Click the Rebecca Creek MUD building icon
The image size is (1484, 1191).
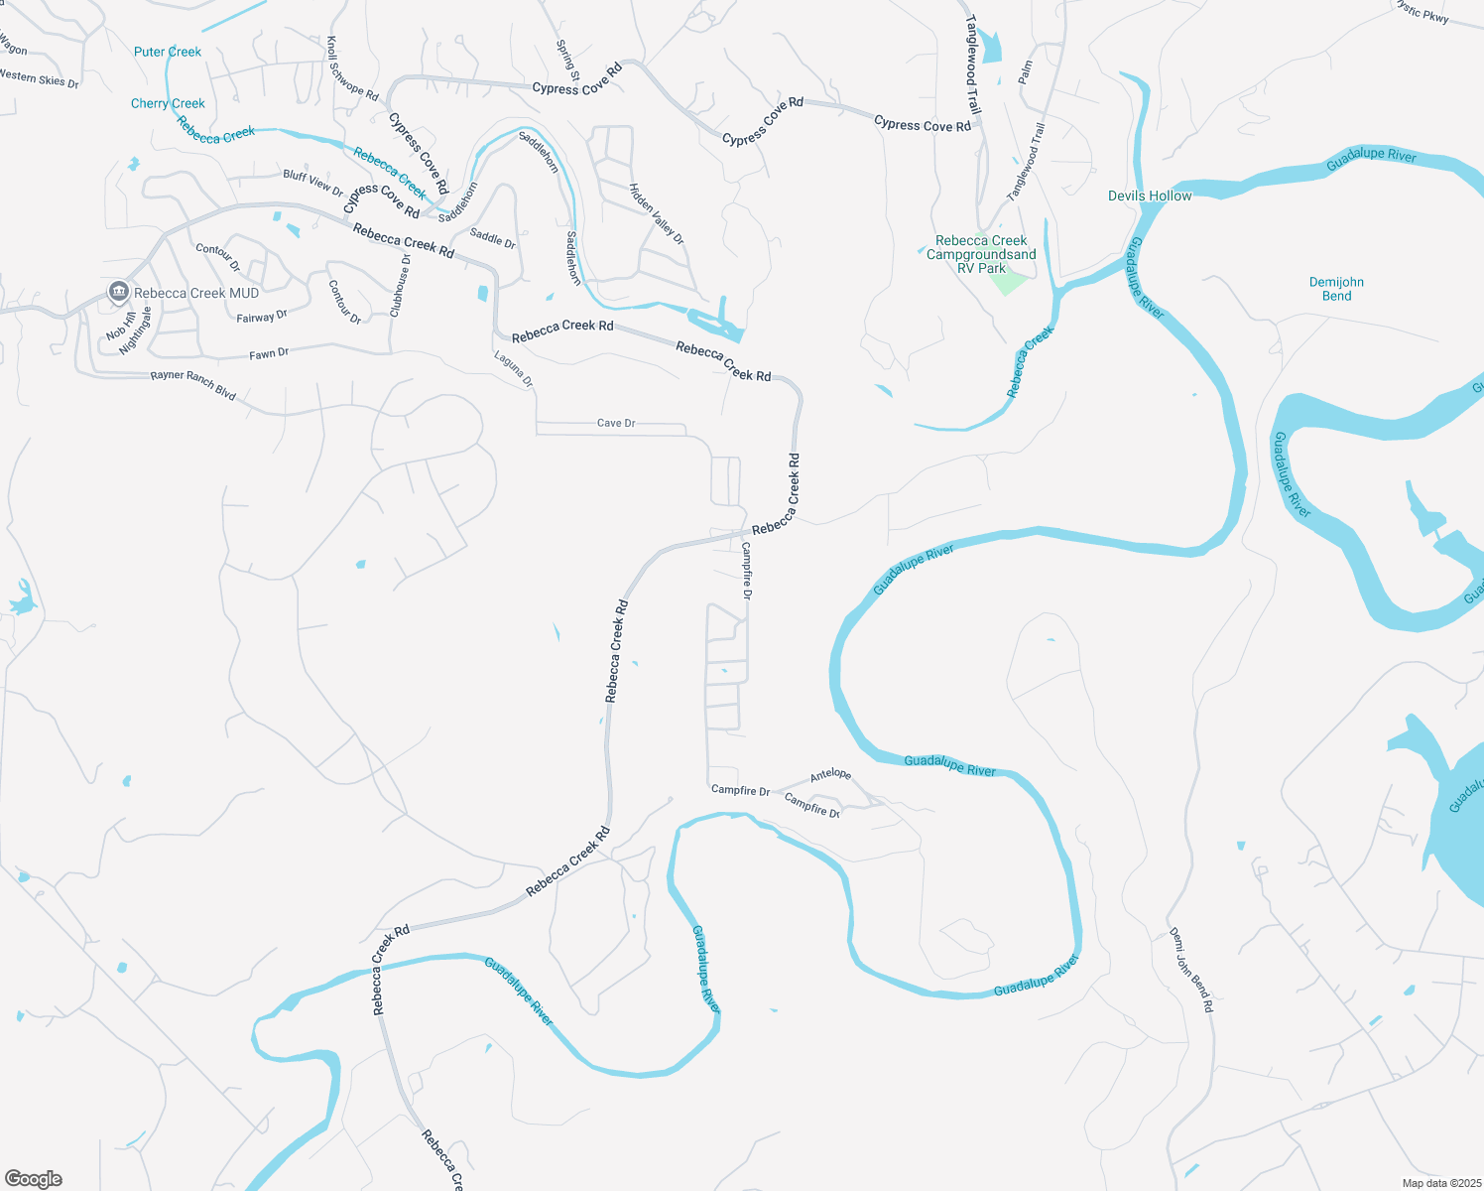(x=119, y=292)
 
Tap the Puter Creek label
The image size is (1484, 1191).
(x=168, y=52)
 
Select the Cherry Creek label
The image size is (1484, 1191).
(x=168, y=103)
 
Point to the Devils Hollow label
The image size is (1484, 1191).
(x=1150, y=196)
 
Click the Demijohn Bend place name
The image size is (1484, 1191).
(x=1336, y=289)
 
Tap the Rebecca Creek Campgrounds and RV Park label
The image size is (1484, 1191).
(x=981, y=254)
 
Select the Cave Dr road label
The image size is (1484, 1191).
(x=616, y=423)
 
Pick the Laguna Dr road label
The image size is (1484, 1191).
(x=514, y=368)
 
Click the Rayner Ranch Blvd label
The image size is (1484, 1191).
(x=193, y=385)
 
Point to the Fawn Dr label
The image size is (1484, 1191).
(x=269, y=353)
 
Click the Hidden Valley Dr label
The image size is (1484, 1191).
(x=656, y=213)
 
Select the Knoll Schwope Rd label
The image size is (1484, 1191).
(x=353, y=69)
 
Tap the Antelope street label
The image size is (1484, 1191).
(x=830, y=775)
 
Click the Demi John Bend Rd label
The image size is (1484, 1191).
(x=1190, y=970)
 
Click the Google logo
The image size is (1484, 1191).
(x=34, y=1178)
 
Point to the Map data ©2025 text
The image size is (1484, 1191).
(x=1438, y=1183)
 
